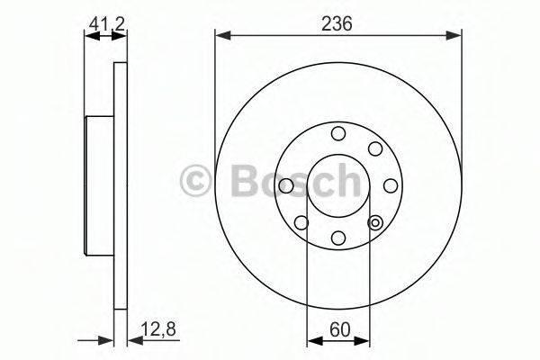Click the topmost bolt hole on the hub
(x=338, y=133)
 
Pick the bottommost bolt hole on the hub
(x=338, y=238)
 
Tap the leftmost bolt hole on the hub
(x=286, y=185)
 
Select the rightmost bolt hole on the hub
(x=391, y=185)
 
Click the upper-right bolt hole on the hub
(x=375, y=148)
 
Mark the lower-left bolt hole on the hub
(x=301, y=222)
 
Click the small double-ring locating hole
(x=375, y=221)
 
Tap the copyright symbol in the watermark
(x=195, y=180)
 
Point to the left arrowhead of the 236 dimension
(x=221, y=35)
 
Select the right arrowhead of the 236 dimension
(x=454, y=35)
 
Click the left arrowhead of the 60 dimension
(x=313, y=340)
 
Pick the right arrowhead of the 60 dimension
(x=363, y=340)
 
